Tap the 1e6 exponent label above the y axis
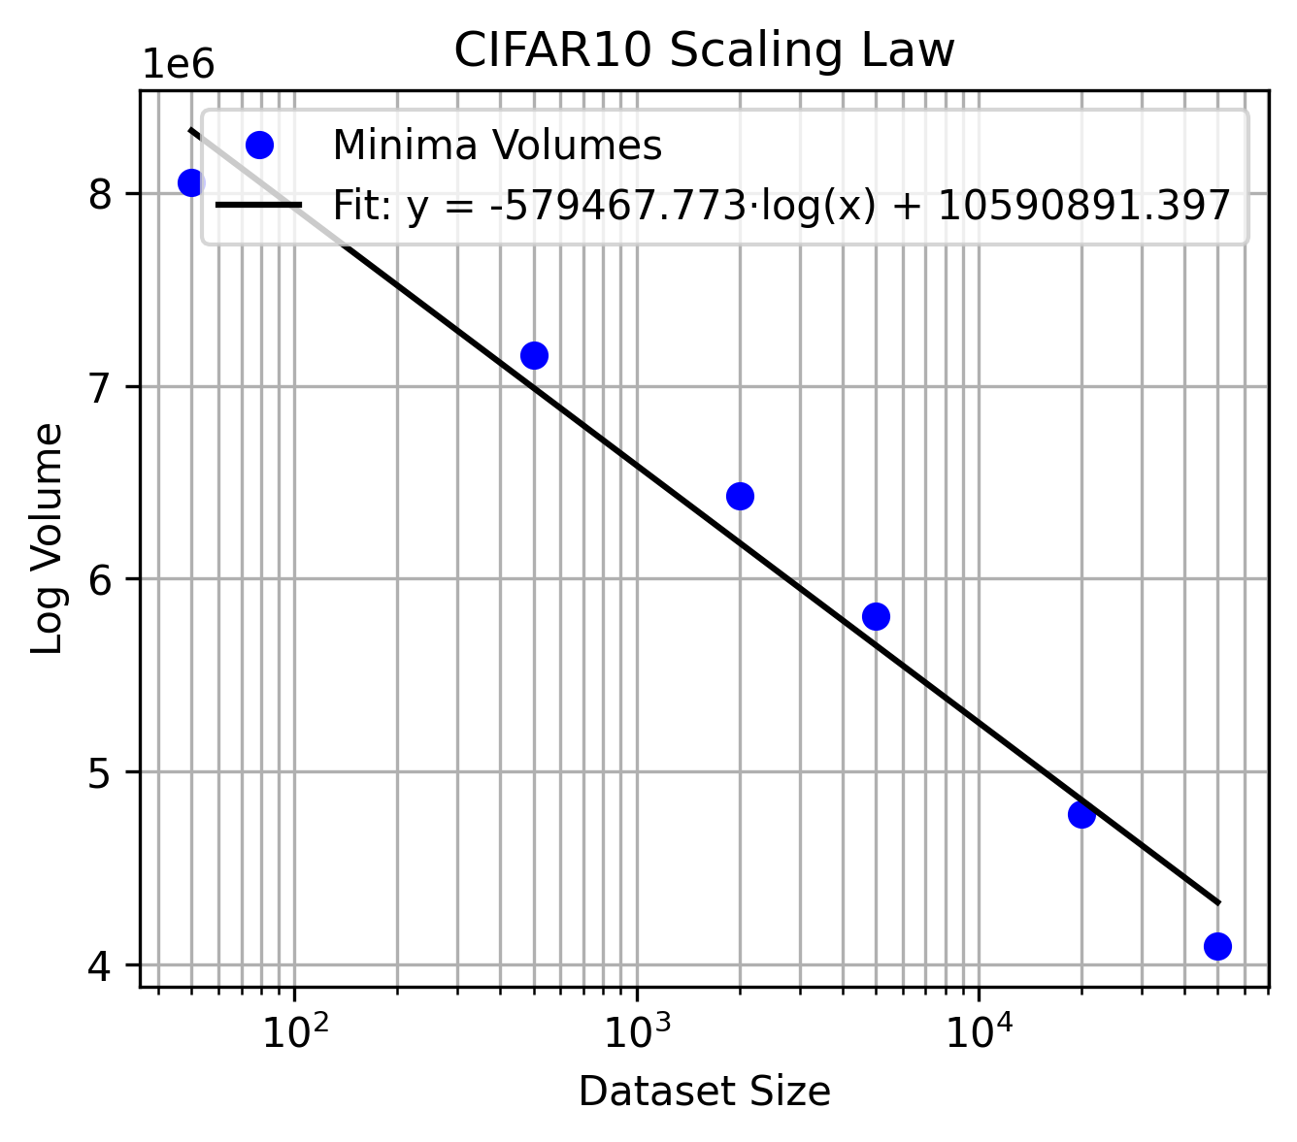coord(179,65)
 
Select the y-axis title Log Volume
coord(48,538)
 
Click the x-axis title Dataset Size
coord(704,1093)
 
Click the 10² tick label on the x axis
coord(293,1031)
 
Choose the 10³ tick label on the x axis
coord(636,1031)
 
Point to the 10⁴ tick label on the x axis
coord(979,1031)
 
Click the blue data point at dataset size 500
coord(534,355)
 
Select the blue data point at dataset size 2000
coord(740,496)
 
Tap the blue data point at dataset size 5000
coord(876,616)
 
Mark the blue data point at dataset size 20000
coord(1081,815)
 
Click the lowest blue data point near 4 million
coord(1217,946)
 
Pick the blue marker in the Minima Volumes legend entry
coord(259,146)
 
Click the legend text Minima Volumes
coord(497,146)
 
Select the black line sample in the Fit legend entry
coord(259,205)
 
